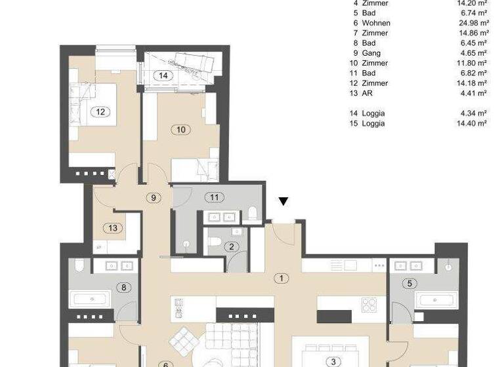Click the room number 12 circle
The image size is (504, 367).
(x=100, y=111)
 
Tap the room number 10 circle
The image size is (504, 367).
(x=182, y=130)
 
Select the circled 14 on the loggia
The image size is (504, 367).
(x=163, y=76)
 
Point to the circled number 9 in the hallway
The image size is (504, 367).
(x=153, y=197)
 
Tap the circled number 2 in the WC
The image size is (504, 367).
(x=232, y=246)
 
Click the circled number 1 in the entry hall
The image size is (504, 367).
(x=282, y=278)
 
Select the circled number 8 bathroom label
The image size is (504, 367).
(x=123, y=286)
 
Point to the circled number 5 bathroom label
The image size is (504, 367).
(x=411, y=283)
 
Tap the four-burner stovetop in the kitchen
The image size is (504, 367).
(x=369, y=305)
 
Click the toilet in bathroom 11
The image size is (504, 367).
(x=253, y=213)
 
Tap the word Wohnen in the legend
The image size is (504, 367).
(x=376, y=23)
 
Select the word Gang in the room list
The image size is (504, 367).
(x=371, y=53)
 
